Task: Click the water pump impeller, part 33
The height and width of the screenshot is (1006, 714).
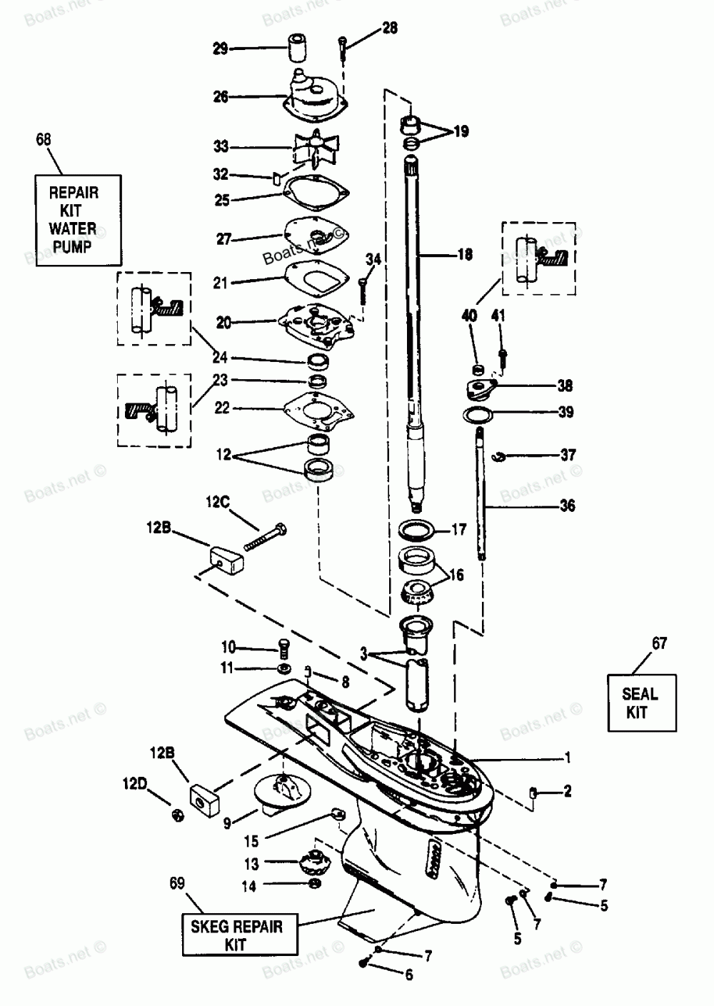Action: click(316, 149)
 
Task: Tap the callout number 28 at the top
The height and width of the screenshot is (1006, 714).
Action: click(389, 29)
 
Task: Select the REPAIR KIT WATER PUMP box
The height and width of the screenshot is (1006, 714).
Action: click(78, 221)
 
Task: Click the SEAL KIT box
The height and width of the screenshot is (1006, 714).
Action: click(642, 703)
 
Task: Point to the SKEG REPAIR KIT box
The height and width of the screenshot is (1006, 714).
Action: click(240, 935)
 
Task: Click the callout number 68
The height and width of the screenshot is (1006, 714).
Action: click(44, 140)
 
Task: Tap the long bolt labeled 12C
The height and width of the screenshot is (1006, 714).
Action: click(266, 536)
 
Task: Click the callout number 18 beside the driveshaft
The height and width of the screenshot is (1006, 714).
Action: click(465, 255)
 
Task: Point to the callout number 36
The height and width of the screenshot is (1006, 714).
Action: click(567, 505)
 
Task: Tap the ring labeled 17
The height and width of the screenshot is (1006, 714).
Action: click(417, 530)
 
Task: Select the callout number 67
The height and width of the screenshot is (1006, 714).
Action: click(659, 643)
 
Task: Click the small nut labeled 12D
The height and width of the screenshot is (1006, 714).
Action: click(178, 815)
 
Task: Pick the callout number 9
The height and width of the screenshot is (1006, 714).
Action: click(227, 823)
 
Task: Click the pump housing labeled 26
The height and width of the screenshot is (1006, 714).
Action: click(316, 99)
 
